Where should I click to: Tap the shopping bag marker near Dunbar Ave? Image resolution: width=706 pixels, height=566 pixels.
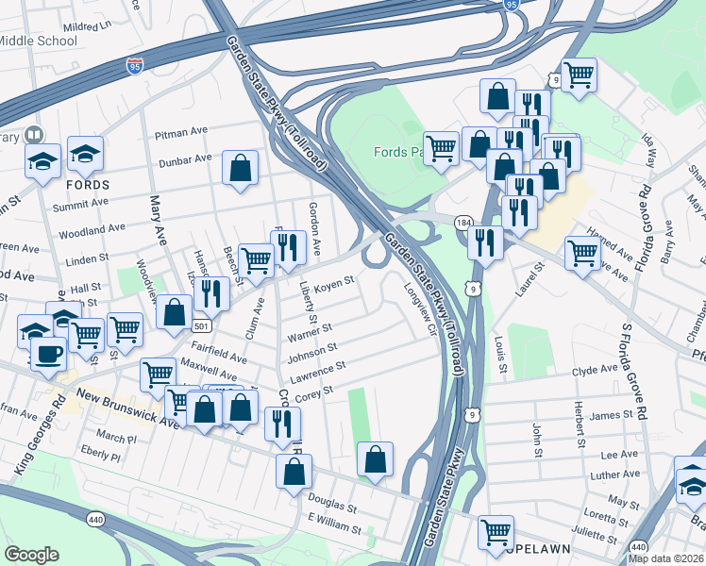tap(241, 169)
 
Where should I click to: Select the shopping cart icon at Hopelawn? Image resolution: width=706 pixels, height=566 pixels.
tap(495, 532)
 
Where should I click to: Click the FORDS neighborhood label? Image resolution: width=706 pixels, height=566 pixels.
tap(87, 184)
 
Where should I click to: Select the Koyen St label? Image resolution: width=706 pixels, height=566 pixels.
tap(333, 282)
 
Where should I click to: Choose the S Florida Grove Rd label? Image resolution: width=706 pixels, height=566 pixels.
tap(634, 372)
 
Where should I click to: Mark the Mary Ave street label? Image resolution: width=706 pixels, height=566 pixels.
tap(157, 220)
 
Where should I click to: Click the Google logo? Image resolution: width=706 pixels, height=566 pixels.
tap(31, 554)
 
